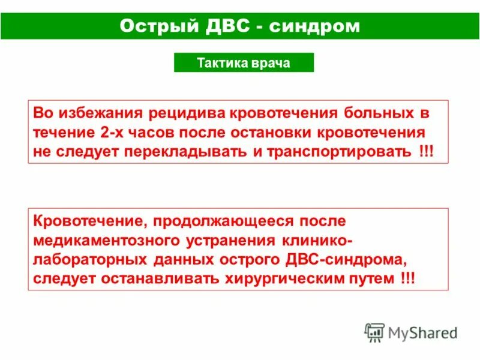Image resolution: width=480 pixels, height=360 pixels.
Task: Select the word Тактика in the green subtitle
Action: [x=218, y=63]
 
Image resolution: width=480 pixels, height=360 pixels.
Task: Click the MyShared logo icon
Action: [x=375, y=332]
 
